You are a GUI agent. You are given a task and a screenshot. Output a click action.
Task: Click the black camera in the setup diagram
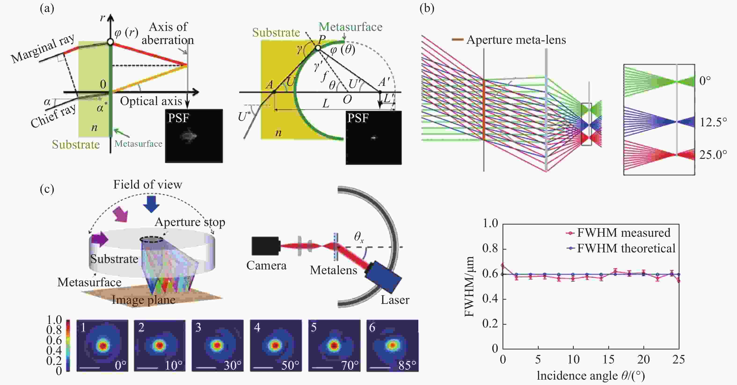tap(266, 246)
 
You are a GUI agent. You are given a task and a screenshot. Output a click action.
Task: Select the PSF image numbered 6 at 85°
tap(392, 345)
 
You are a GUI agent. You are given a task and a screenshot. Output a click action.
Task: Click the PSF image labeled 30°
tap(217, 345)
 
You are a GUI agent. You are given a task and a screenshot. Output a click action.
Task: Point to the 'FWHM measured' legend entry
tap(618, 233)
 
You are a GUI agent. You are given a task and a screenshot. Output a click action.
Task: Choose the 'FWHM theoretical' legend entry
tap(621, 248)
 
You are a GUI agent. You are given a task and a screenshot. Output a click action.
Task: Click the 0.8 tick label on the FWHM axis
tap(490, 248)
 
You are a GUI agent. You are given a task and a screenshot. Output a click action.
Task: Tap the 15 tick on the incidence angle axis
tap(609, 359)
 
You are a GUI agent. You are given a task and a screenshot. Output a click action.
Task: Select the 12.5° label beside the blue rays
tap(713, 122)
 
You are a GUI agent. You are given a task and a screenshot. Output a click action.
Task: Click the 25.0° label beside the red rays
tap(713, 155)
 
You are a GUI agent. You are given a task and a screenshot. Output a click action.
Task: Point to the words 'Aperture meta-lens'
tap(516, 40)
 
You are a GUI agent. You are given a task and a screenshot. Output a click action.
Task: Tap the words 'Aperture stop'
tap(190, 222)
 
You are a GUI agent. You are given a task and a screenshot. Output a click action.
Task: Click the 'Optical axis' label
tap(151, 101)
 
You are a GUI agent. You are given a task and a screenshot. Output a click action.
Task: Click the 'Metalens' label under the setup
tap(334, 270)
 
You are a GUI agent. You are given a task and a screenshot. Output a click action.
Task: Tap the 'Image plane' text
tap(144, 300)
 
